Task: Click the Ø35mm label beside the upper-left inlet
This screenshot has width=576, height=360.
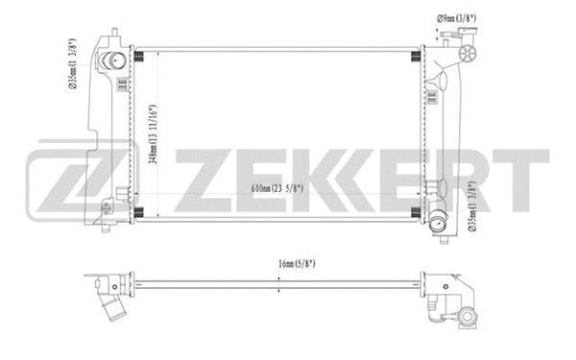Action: (x=73, y=63)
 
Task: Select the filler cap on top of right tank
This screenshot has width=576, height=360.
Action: (x=469, y=51)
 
